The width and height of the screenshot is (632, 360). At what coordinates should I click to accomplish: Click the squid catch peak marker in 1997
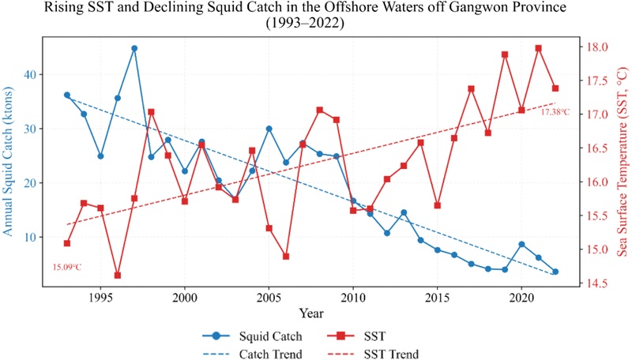coord(134,48)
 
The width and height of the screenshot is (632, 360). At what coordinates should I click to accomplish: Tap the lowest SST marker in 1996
coord(118,275)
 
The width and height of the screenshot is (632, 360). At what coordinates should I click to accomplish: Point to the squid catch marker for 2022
coord(555,272)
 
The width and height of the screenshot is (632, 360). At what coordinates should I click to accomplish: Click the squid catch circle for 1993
coord(67,95)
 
